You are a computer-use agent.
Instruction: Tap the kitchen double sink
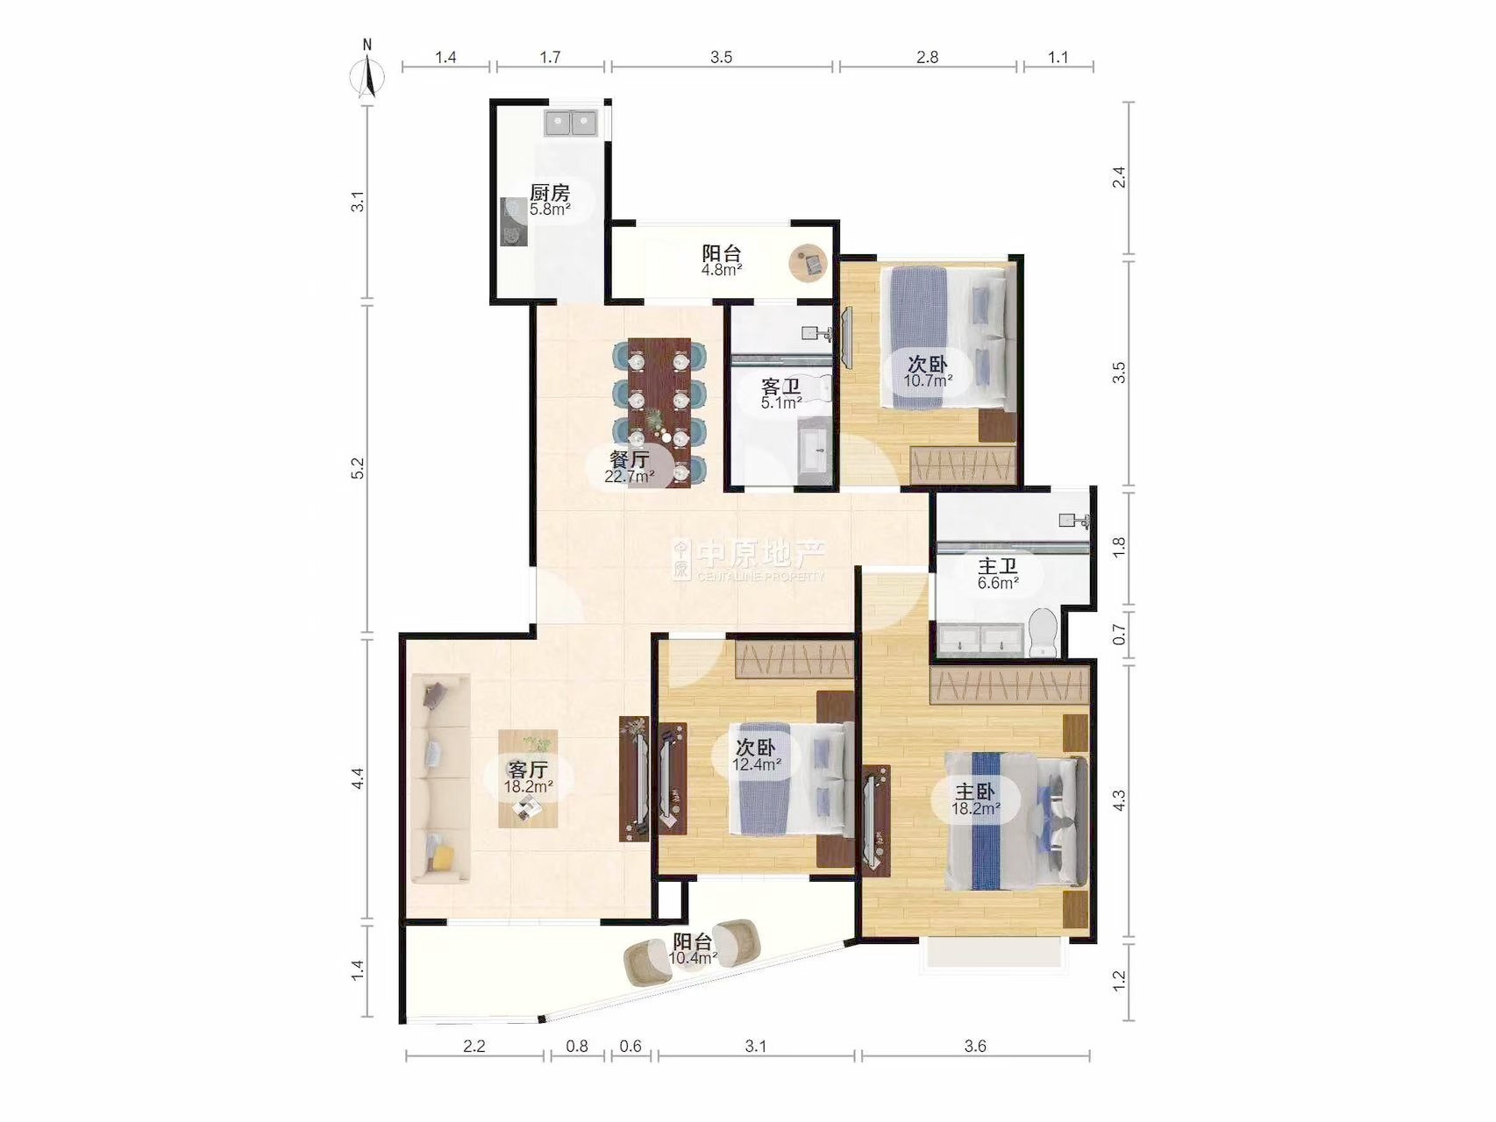click(572, 123)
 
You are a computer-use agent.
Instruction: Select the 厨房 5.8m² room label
click(550, 201)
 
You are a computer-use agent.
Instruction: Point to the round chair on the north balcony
click(809, 262)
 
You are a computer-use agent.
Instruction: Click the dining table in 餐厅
click(659, 412)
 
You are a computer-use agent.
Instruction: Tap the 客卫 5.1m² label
click(781, 394)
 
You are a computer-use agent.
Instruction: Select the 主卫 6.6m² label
click(998, 574)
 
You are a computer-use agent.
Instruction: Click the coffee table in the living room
click(528, 779)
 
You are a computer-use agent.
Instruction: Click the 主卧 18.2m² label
click(975, 799)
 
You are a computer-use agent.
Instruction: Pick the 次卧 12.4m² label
click(756, 756)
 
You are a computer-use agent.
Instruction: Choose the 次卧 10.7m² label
click(928, 372)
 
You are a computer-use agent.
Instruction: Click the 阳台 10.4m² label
click(693, 949)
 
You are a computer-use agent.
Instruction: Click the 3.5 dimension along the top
click(721, 57)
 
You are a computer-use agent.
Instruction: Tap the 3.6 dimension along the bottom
click(975, 1046)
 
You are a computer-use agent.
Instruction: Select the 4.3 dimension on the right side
click(1119, 800)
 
